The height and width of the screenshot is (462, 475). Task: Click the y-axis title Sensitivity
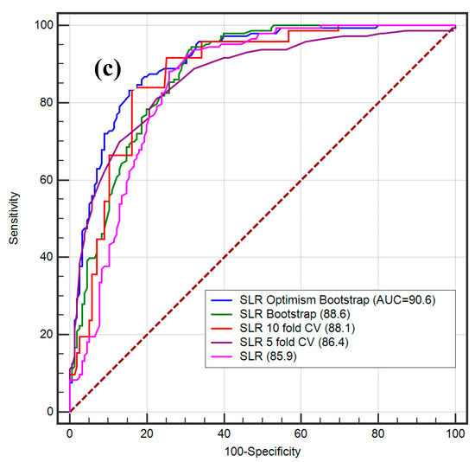[15, 218]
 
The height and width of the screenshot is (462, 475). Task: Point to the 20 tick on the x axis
[146, 432]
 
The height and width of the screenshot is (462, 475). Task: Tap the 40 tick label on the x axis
[224, 432]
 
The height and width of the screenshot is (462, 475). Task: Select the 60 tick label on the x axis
[301, 432]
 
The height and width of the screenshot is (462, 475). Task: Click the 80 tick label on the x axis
[377, 432]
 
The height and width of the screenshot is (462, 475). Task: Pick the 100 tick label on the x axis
[454, 432]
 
